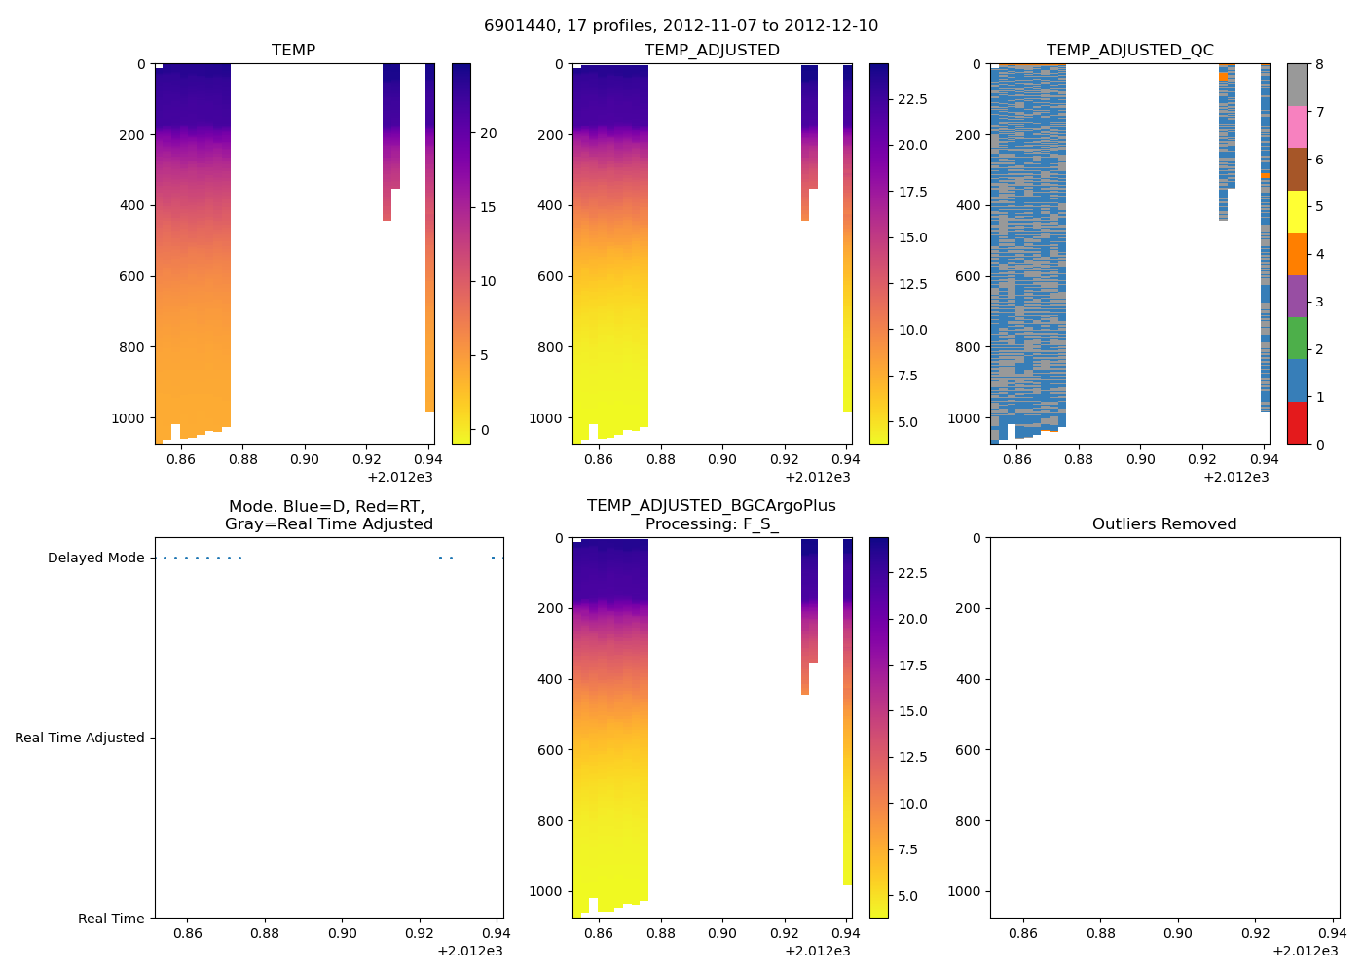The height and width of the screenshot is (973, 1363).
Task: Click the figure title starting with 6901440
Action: tap(681, 26)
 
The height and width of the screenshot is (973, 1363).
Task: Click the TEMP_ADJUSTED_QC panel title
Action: tap(1129, 51)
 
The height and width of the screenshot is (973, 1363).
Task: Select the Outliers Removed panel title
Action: tap(1163, 524)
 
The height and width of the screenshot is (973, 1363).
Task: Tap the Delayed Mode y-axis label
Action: tap(95, 558)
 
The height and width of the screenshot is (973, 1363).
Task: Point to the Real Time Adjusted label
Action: tap(80, 738)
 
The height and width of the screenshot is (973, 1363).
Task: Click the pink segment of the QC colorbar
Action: tap(1297, 127)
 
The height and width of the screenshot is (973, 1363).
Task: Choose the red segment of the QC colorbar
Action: tap(1297, 423)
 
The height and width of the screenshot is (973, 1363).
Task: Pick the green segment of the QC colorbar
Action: tap(1297, 339)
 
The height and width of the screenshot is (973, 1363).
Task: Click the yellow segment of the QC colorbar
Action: tap(1297, 212)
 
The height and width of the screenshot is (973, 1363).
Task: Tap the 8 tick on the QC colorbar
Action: tap(1319, 64)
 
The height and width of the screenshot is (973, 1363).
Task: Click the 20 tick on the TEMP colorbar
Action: tap(488, 133)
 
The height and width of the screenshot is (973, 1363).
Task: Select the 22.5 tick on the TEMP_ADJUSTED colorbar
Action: tap(912, 99)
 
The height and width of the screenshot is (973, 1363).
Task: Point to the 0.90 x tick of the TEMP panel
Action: tap(305, 459)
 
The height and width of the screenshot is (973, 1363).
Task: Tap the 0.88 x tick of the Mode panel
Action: tap(265, 933)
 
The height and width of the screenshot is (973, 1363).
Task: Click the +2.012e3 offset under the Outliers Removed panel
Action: tap(1306, 951)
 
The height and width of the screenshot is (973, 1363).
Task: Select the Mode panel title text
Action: tap(328, 516)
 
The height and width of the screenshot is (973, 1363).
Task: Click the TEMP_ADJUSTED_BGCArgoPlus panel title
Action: tap(711, 515)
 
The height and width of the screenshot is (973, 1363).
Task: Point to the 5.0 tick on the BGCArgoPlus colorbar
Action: tap(907, 896)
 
